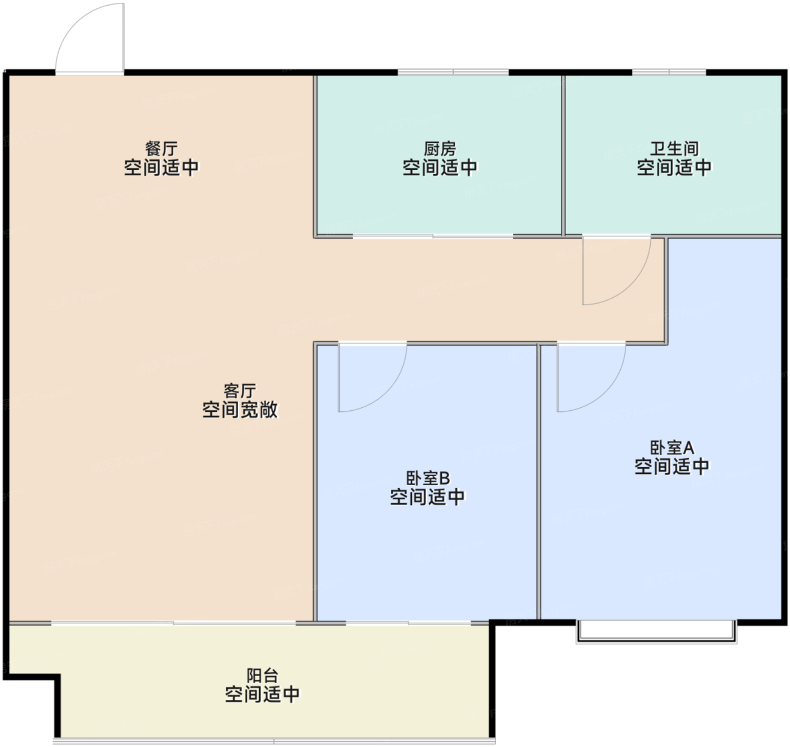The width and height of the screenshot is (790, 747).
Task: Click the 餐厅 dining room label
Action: coord(161,149)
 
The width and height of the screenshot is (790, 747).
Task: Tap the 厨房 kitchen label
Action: coord(440,149)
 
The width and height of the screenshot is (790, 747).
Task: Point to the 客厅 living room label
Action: coord(239,391)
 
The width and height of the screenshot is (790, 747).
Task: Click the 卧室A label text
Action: coord(672,447)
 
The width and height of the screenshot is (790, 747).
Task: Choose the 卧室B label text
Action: coord(428,478)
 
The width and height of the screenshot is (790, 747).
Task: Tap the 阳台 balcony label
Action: coord(262,675)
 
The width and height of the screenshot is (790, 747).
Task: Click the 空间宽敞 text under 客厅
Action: coord(239,410)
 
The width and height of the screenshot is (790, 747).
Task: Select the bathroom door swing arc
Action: coord(631,285)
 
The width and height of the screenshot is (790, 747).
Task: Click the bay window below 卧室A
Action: coord(656,632)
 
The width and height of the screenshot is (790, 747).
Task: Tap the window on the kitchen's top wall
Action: coord(453,72)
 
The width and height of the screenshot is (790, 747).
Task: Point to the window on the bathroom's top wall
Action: coord(669,72)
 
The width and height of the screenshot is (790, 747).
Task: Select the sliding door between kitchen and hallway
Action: coord(433,236)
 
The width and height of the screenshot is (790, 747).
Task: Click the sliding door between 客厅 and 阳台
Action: coord(174,623)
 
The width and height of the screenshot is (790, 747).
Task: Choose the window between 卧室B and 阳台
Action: coord(408,623)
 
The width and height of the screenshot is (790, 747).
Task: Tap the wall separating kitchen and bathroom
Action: coord(563,155)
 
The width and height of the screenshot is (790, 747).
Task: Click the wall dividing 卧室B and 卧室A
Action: coord(539,482)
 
